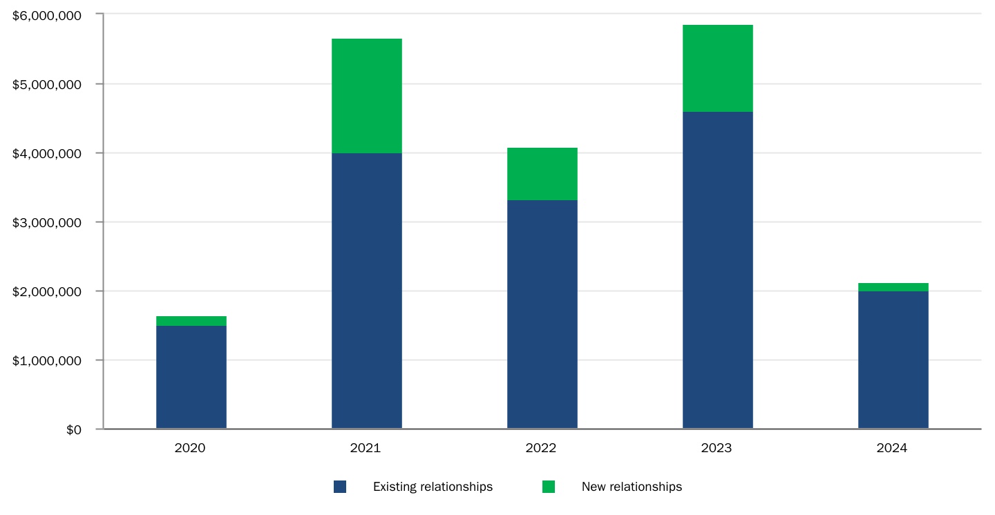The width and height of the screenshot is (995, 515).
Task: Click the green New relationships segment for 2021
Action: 366,95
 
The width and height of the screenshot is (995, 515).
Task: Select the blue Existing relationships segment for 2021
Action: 366,290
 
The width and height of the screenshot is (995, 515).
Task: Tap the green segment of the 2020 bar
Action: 191,321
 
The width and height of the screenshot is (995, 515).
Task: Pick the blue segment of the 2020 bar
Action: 191,377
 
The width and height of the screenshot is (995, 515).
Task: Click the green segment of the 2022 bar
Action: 542,174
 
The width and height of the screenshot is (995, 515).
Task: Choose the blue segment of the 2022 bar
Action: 542,314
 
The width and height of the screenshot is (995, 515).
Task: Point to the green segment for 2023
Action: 717,68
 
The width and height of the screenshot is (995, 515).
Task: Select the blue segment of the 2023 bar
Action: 717,269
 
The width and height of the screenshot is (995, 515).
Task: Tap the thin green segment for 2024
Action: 893,287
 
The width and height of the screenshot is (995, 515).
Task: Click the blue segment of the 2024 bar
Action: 893,359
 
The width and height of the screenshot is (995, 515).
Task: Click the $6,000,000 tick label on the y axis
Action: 48,14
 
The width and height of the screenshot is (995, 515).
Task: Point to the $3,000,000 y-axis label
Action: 48,222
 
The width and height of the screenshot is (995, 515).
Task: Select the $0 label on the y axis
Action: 73,429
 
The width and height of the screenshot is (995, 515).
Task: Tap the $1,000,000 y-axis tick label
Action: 48,360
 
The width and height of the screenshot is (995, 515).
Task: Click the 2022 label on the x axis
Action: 541,448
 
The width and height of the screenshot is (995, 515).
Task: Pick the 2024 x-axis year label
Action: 892,448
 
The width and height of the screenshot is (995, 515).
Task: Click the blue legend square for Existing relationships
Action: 340,487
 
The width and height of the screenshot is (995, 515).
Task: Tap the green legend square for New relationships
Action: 549,487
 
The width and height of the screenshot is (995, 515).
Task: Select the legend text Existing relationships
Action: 433,487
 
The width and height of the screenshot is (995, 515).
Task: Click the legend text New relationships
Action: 632,487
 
